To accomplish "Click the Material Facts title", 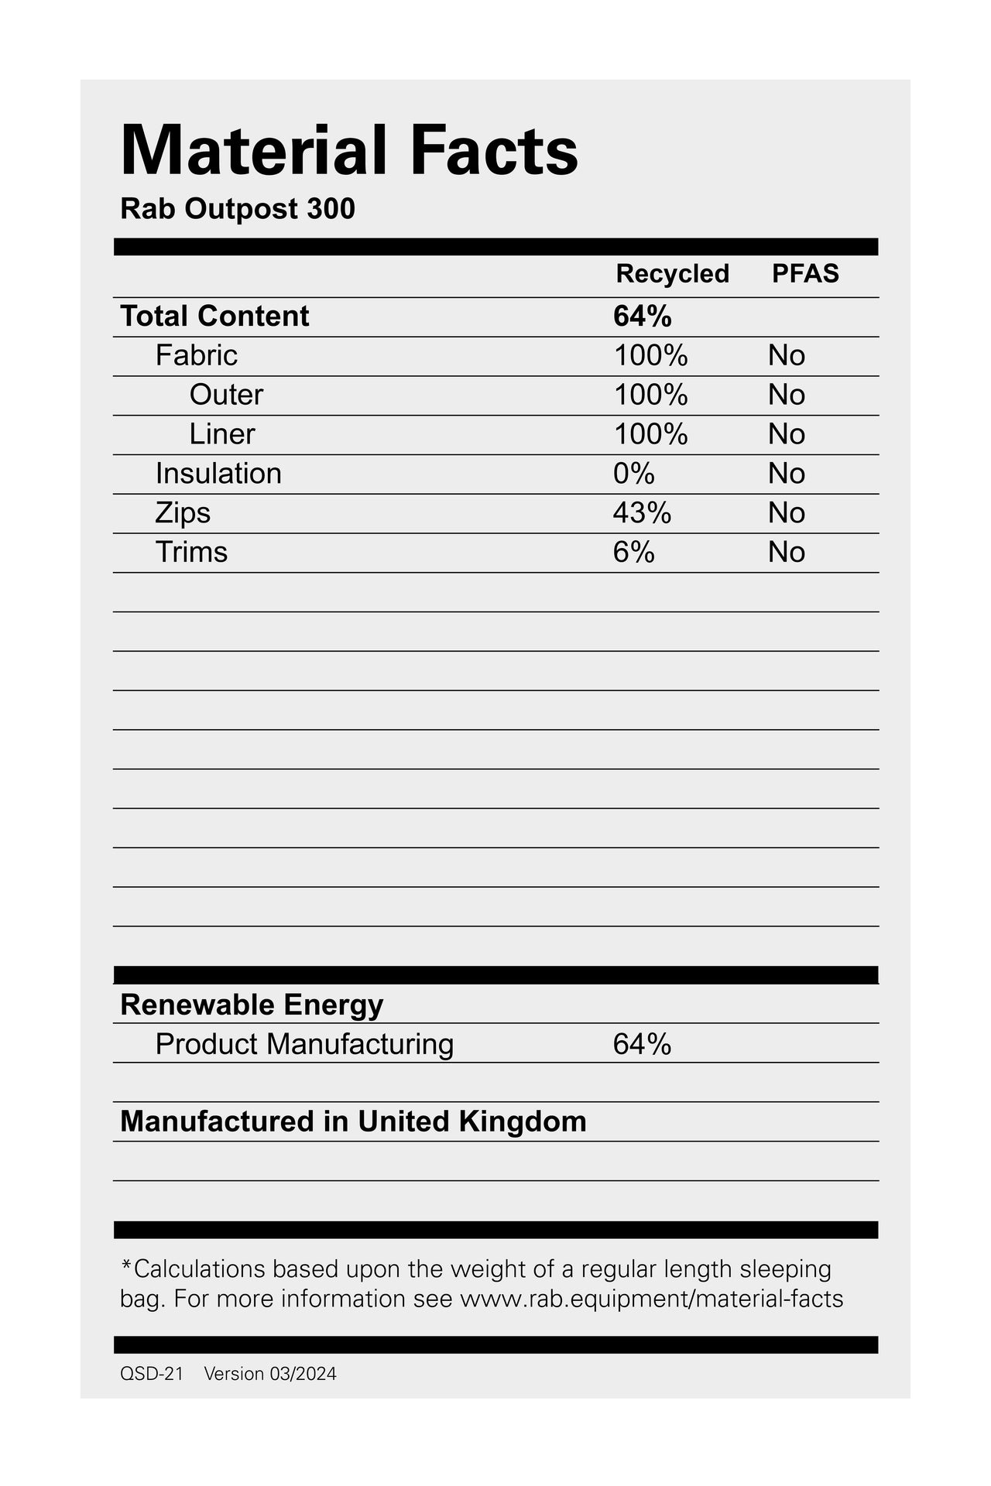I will pyautogui.click(x=349, y=150).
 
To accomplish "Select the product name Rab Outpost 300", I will pyautogui.click(x=238, y=209).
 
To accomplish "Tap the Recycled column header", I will pyautogui.click(x=672, y=274).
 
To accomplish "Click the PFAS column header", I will pyautogui.click(x=805, y=274).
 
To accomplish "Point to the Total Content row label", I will pyautogui.click(x=214, y=317).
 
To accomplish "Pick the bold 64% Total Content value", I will pyautogui.click(x=642, y=317).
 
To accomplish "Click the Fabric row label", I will pyautogui.click(x=196, y=356).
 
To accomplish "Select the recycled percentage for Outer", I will pyautogui.click(x=650, y=395).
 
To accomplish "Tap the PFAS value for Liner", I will pyautogui.click(x=787, y=435).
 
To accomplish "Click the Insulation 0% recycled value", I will pyautogui.click(x=633, y=474).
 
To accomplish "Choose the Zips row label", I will pyautogui.click(x=183, y=513).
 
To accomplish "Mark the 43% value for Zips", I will pyautogui.click(x=642, y=513).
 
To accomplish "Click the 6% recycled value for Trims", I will pyautogui.click(x=633, y=553).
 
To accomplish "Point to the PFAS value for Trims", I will pyautogui.click(x=787, y=553).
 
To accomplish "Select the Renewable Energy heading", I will pyautogui.click(x=252, y=1005).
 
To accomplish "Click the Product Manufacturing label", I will pyautogui.click(x=304, y=1045).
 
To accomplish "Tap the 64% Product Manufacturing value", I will pyautogui.click(x=642, y=1045).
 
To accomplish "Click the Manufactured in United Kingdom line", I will pyautogui.click(x=353, y=1121).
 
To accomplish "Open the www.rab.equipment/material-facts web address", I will pyautogui.click(x=651, y=1299).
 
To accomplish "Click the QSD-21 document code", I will pyautogui.click(x=152, y=1374).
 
